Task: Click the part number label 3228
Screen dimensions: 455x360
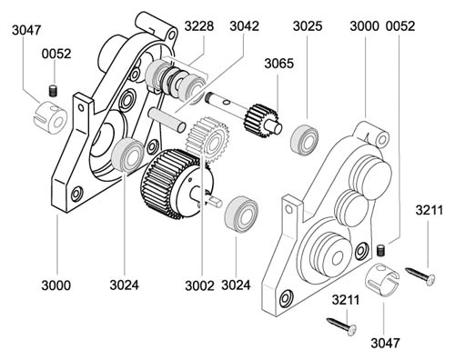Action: click(199, 26)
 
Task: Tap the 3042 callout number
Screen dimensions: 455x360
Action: click(244, 26)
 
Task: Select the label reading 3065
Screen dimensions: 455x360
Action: click(278, 64)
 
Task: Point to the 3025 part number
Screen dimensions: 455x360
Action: click(308, 26)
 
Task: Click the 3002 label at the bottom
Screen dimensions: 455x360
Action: click(199, 285)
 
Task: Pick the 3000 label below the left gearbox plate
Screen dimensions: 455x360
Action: click(56, 285)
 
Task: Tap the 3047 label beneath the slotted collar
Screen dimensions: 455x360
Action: click(385, 343)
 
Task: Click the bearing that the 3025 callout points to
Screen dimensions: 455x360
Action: click(305, 140)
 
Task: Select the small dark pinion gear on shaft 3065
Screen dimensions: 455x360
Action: click(259, 121)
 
